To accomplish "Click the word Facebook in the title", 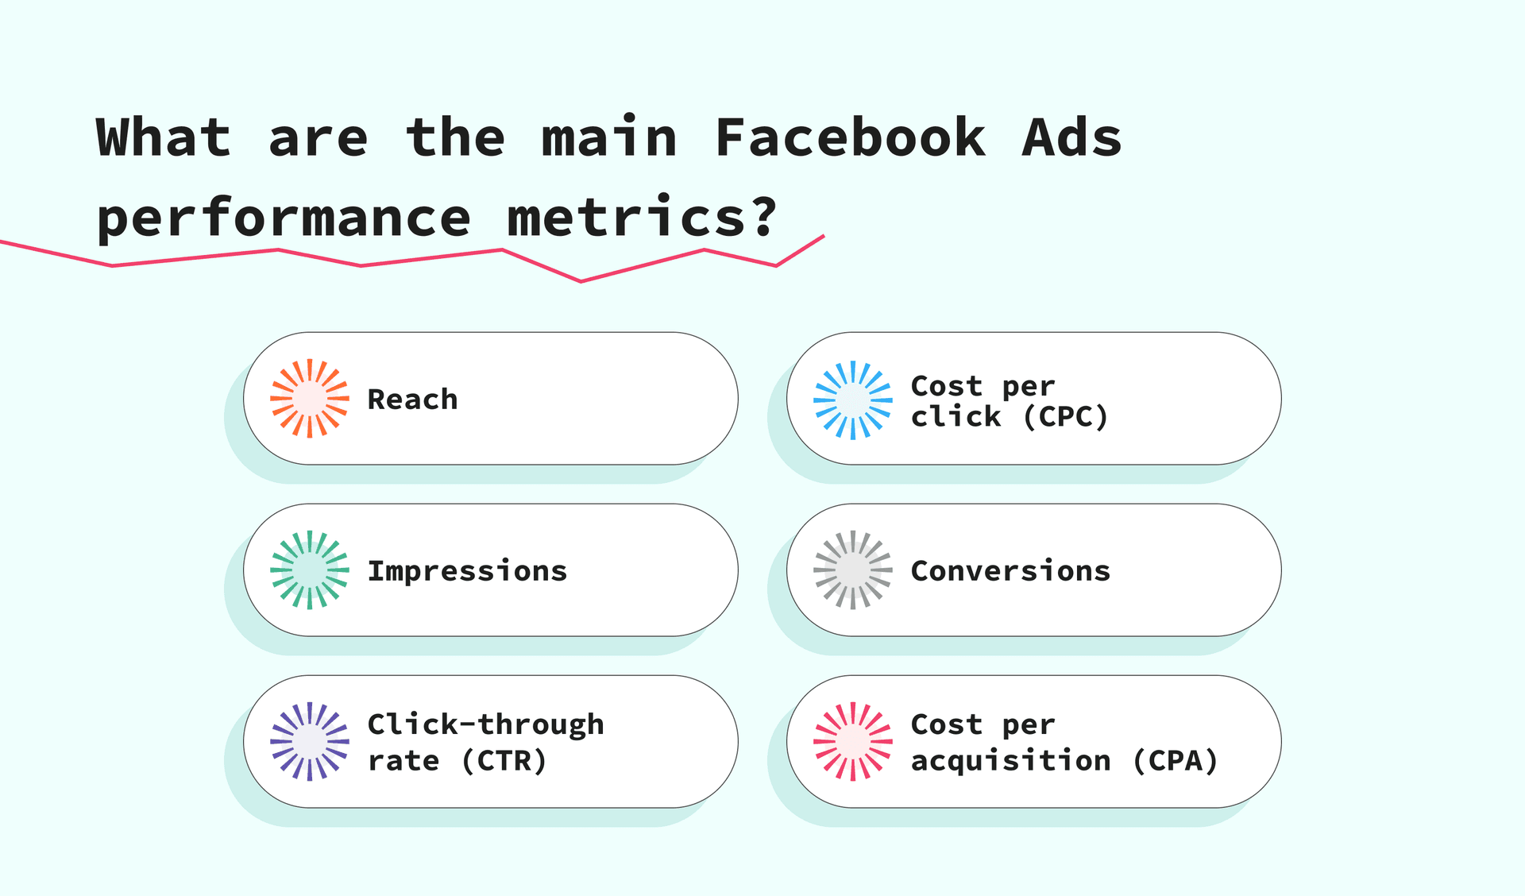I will click(850, 137).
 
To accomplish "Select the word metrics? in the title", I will click(642, 218).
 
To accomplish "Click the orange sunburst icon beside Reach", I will click(310, 398).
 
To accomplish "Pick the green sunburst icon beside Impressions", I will click(310, 570).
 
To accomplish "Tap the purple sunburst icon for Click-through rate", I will click(310, 741).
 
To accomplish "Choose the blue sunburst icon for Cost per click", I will click(853, 400).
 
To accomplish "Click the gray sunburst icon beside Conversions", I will click(853, 570).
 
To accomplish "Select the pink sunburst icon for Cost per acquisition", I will click(853, 741).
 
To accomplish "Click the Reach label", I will click(412, 399).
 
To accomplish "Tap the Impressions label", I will click(467, 570).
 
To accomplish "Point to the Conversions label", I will click(1010, 570).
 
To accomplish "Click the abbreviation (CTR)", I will click(504, 760).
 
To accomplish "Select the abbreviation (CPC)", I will click(1065, 416).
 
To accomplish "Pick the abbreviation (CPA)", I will click(1175, 760).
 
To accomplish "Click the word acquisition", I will click(1010, 761).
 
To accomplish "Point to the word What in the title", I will click(163, 137).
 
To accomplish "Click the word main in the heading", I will click(608, 137).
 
